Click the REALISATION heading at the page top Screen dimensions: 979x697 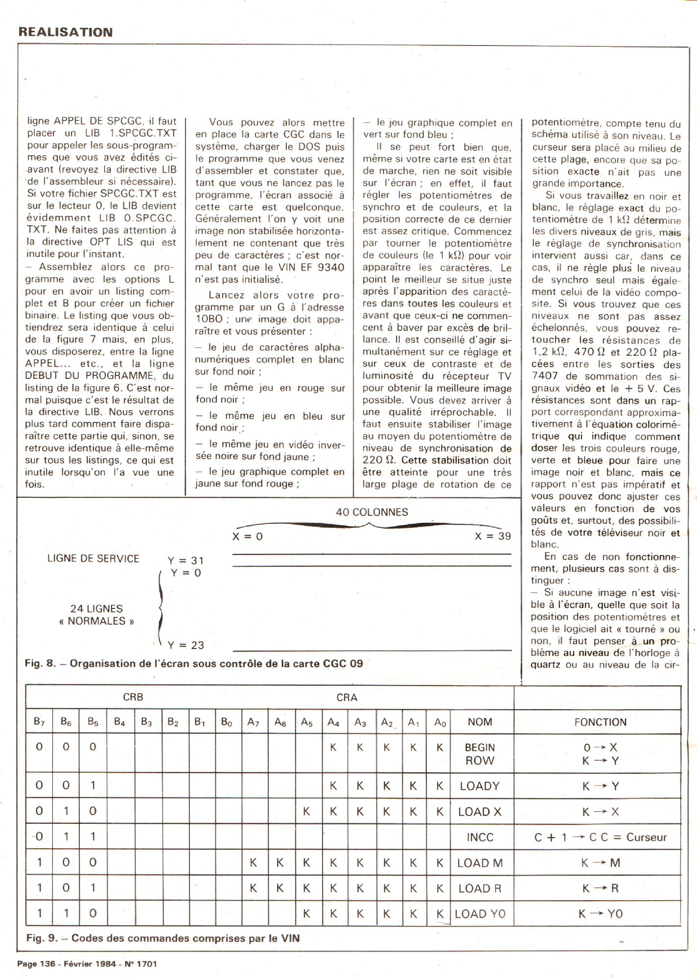coord(66,32)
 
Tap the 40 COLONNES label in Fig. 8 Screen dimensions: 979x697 coord(372,512)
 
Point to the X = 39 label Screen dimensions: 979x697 coord(492,536)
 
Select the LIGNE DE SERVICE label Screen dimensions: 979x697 coord(93,559)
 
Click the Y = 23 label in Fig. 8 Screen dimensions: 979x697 coord(186,645)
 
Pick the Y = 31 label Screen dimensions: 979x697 coord(186,560)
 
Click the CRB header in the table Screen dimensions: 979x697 coord(133,697)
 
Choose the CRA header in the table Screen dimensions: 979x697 coord(347,698)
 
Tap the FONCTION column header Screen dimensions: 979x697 coord(600,722)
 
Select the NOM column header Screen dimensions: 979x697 coord(480,722)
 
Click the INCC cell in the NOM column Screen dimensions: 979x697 coord(480,838)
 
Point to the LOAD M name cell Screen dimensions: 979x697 coord(480,863)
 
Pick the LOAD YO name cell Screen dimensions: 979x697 coord(480,914)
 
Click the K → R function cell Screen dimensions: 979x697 coord(600,888)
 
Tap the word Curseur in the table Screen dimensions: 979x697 coord(646,838)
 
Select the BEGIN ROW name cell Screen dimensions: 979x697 coord(480,754)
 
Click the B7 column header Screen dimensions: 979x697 coord(39,722)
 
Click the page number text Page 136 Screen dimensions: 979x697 coord(36,964)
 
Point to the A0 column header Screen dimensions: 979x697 coord(440,723)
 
